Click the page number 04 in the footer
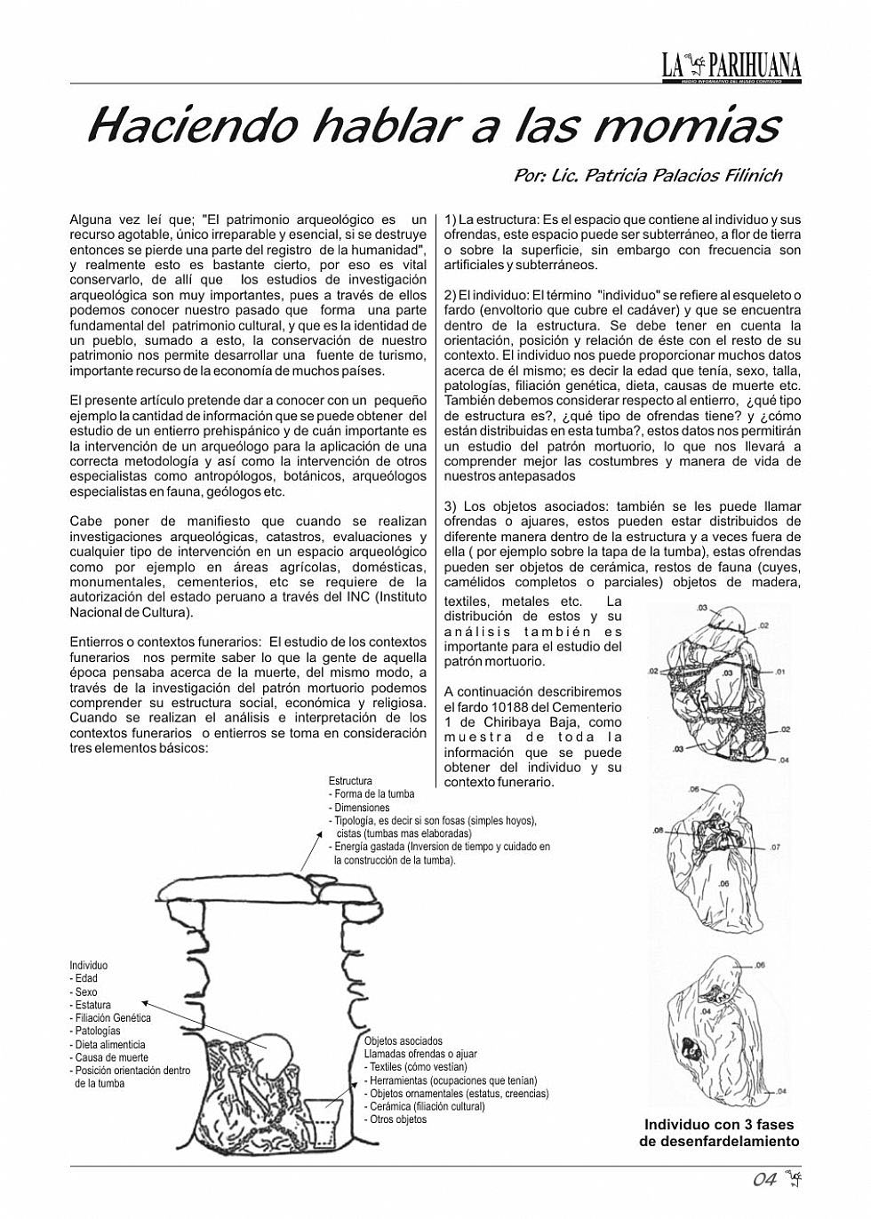765,1180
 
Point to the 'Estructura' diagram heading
350,782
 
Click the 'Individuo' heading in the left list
88,966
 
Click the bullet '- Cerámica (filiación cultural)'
425,1107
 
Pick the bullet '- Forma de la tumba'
372,794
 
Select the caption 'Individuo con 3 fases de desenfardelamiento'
719,1133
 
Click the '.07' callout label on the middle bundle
775,848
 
